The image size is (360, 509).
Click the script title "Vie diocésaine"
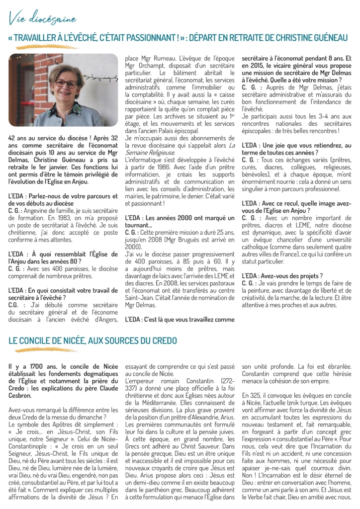click(42, 19)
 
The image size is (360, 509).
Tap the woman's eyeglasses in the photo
click(66, 84)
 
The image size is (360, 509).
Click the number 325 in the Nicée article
click(257, 395)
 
